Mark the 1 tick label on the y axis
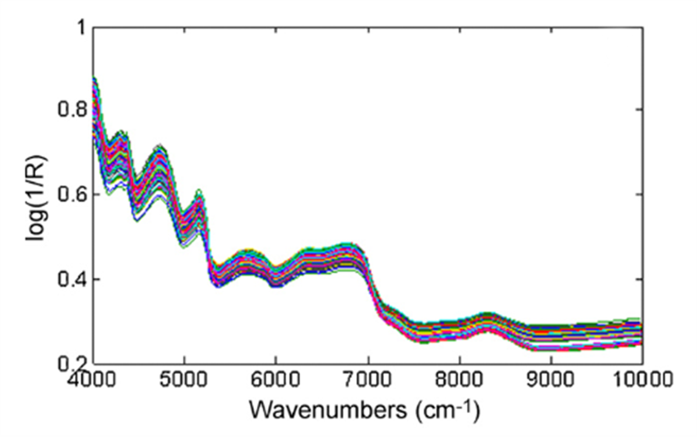(80, 26)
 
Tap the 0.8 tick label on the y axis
(71, 110)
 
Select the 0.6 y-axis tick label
(71, 195)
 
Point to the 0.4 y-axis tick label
(71, 279)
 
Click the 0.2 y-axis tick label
(71, 363)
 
